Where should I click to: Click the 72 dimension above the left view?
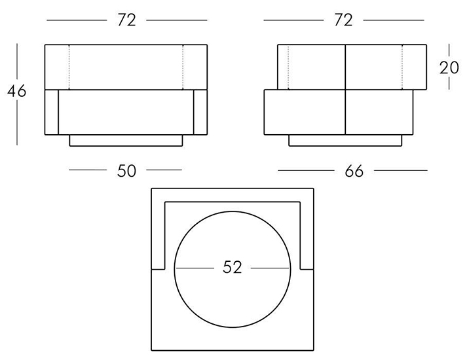(x=126, y=20)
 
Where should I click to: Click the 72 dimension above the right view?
(x=343, y=20)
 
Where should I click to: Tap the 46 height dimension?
(x=17, y=92)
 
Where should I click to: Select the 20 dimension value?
(x=449, y=68)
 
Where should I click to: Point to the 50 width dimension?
(x=126, y=171)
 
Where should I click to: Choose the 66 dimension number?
(x=354, y=171)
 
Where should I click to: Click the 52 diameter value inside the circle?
(x=232, y=268)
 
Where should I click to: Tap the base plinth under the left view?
(x=126, y=140)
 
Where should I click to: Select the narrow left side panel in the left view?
(x=51, y=112)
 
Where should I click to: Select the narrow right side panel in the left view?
(x=200, y=112)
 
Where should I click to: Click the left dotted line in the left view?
(x=69, y=66)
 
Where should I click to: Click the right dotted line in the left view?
(x=183, y=66)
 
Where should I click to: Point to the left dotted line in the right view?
(x=289, y=66)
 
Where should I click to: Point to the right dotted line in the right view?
(x=402, y=66)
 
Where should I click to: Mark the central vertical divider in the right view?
(x=345, y=89)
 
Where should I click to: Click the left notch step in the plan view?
(x=158, y=268)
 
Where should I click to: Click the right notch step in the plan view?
(x=307, y=268)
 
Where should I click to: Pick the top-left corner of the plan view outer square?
(x=151, y=189)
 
